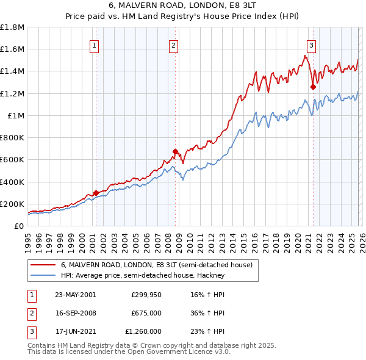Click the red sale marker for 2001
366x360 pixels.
point(96,193)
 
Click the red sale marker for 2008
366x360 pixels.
point(175,151)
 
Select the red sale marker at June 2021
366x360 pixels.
point(313,87)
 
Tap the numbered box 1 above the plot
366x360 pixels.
point(95,45)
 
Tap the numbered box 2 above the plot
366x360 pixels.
point(174,45)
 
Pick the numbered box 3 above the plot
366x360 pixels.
point(311,45)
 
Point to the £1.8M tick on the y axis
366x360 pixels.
point(12,27)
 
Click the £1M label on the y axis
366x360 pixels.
point(16,115)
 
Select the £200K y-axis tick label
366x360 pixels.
point(12,204)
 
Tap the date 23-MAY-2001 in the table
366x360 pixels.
point(75,294)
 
